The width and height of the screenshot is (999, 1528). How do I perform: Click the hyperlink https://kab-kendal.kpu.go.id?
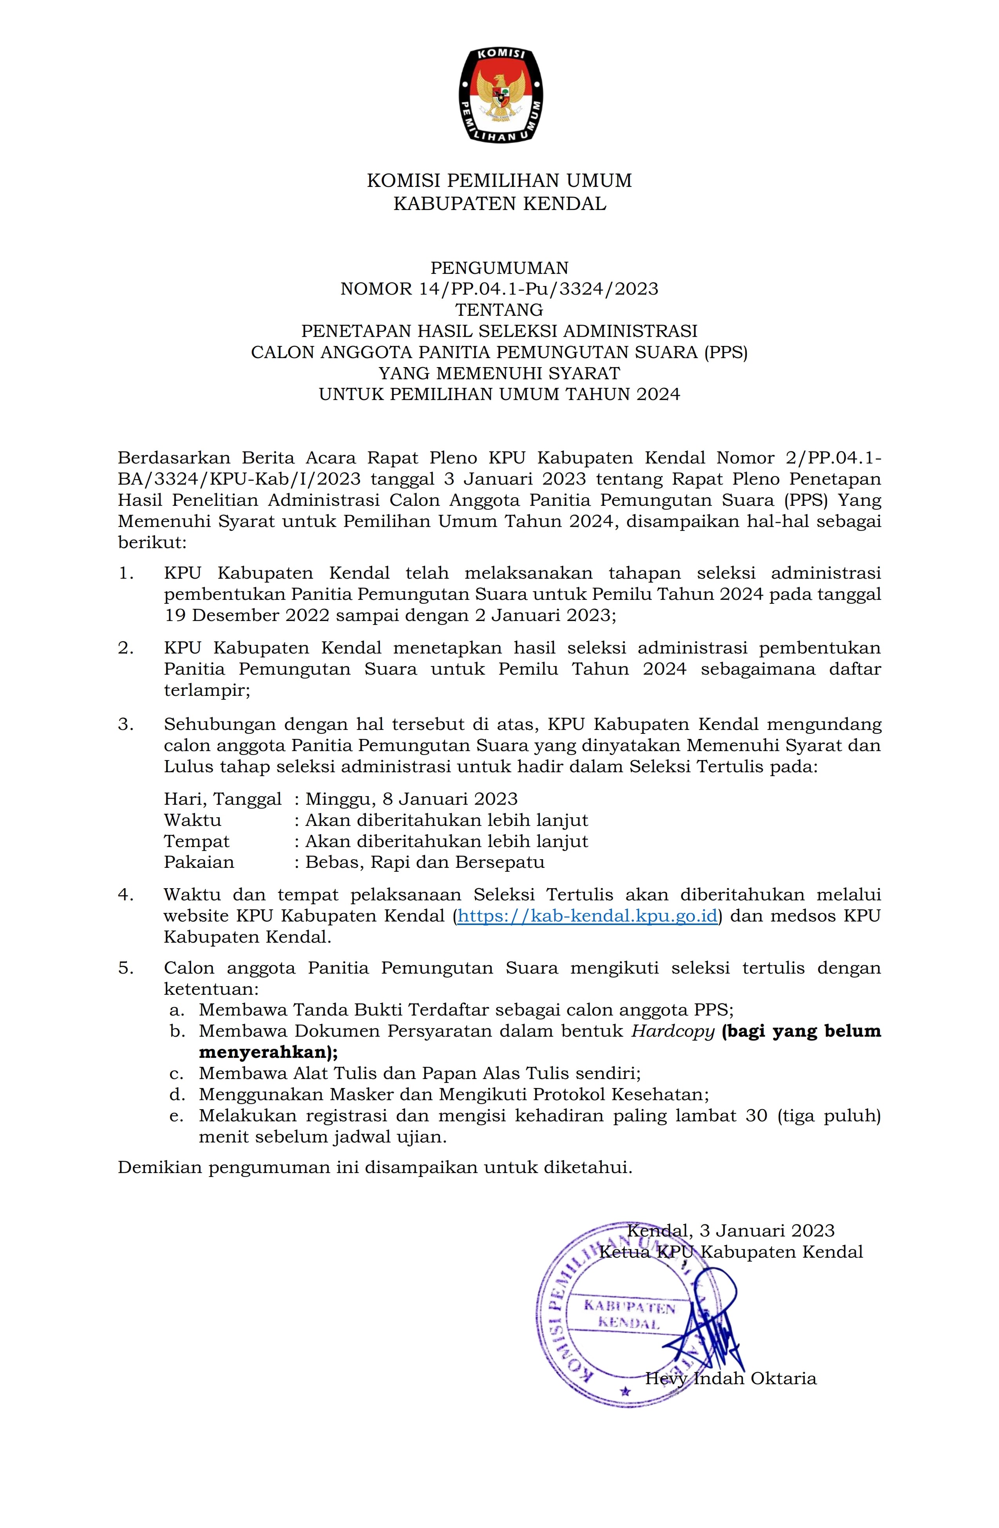coord(587,916)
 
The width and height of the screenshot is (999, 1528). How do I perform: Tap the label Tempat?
coord(196,841)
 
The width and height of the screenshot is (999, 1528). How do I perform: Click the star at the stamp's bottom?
coord(623,1391)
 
